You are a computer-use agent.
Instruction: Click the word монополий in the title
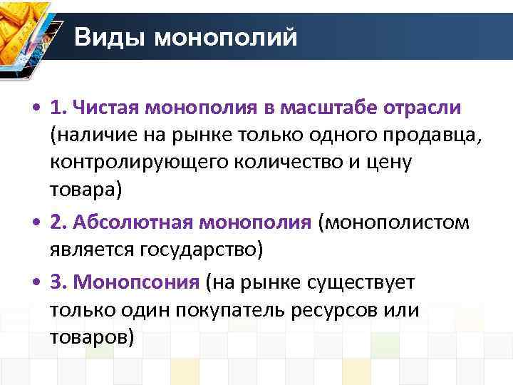click(227, 36)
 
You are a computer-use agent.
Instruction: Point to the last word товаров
click(91, 337)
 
